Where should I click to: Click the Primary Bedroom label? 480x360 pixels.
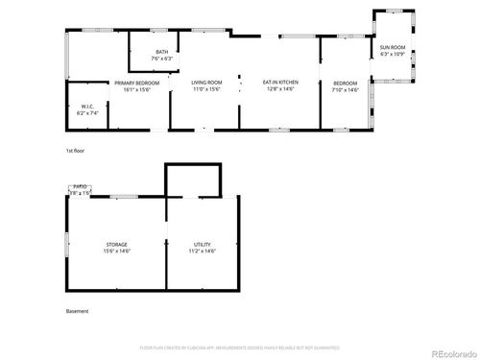pyautogui.click(x=137, y=83)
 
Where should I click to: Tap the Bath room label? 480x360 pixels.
pyautogui.click(x=162, y=52)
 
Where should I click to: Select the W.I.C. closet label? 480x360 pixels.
pyautogui.click(x=86, y=107)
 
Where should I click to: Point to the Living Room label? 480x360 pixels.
pyautogui.click(x=207, y=83)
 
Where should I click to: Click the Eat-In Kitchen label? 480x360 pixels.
pyautogui.click(x=280, y=83)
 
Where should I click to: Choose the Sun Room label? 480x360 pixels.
pyautogui.click(x=392, y=46)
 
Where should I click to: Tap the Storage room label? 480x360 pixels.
pyautogui.click(x=116, y=244)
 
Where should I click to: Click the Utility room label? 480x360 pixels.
pyautogui.click(x=202, y=244)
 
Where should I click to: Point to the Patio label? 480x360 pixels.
pyautogui.click(x=80, y=188)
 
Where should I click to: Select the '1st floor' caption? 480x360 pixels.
pyautogui.click(x=76, y=152)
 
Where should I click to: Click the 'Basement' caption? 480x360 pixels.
pyautogui.click(x=77, y=312)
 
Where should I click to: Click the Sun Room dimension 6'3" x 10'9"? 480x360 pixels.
pyautogui.click(x=392, y=53)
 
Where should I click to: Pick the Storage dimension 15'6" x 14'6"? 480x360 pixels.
pyautogui.click(x=116, y=251)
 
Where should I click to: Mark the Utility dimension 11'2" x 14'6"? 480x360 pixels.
pyautogui.click(x=202, y=251)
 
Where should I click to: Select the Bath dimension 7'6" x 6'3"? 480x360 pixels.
pyautogui.click(x=162, y=58)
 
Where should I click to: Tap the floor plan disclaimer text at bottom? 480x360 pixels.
pyautogui.click(x=240, y=347)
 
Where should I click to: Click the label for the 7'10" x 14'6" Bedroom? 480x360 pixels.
pyautogui.click(x=345, y=83)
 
